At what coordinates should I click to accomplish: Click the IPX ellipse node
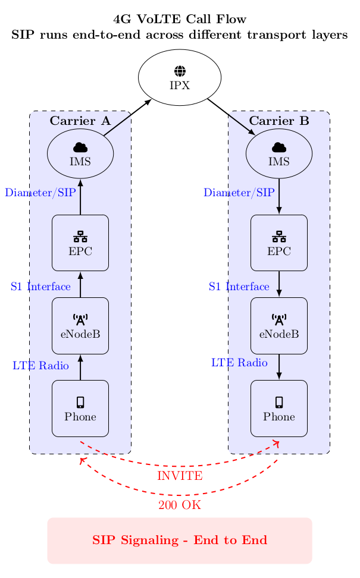click(180, 77)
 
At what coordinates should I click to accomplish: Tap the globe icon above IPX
click(180, 71)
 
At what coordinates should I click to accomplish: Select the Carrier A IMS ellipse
click(80, 153)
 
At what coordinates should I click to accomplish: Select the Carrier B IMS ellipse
click(279, 153)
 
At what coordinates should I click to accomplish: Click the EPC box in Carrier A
click(80, 243)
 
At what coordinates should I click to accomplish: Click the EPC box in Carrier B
click(279, 243)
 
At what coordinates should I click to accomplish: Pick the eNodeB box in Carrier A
click(80, 325)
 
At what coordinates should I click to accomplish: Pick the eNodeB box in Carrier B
click(279, 325)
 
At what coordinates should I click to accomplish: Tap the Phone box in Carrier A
click(80, 408)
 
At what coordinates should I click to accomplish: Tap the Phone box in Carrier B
click(279, 408)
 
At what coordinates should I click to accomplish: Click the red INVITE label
click(180, 476)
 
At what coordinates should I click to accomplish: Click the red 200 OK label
click(180, 505)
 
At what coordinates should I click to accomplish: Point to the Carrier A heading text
click(80, 121)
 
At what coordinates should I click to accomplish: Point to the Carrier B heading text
click(279, 121)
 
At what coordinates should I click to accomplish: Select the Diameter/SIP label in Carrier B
click(239, 193)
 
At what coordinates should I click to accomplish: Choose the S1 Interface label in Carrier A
click(40, 287)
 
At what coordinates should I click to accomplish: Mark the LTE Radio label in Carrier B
click(239, 362)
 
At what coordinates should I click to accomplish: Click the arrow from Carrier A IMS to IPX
click(127, 118)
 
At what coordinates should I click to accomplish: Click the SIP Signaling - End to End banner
click(180, 540)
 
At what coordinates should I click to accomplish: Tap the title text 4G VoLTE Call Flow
click(180, 19)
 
